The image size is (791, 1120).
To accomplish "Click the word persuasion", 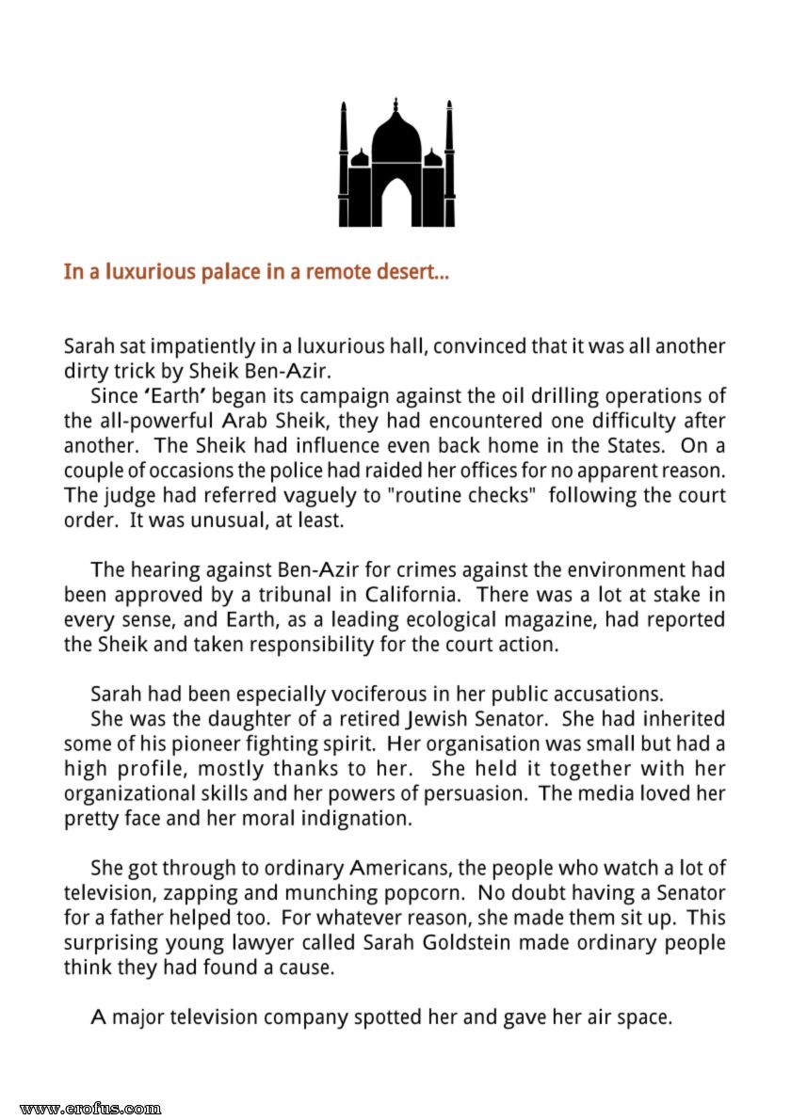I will point(476,792).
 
